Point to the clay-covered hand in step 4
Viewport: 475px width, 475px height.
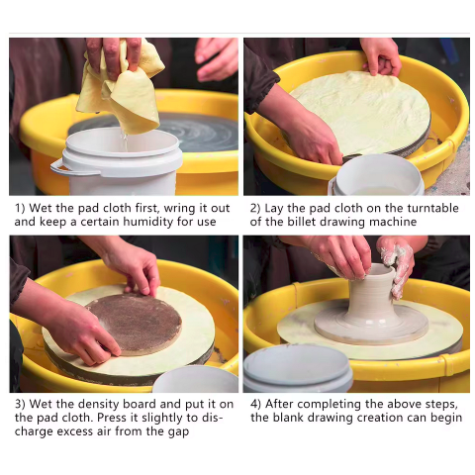[x=397, y=265]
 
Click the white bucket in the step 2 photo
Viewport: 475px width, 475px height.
[x=378, y=176]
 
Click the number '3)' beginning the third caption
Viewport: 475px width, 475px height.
[x=20, y=405]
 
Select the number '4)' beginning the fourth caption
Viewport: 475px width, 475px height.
[x=255, y=405]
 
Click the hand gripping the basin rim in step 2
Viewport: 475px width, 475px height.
[x=381, y=57]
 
